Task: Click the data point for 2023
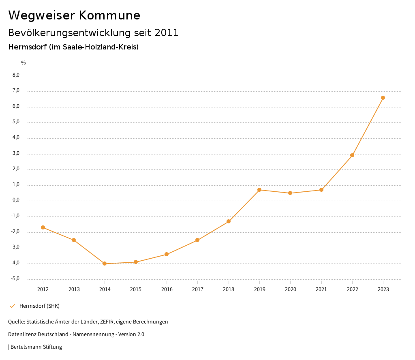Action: pyautogui.click(x=383, y=98)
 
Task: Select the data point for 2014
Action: pyautogui.click(x=105, y=264)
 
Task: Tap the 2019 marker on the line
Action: pyautogui.click(x=259, y=190)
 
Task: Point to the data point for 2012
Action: pyautogui.click(x=43, y=227)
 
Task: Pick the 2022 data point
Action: pyautogui.click(x=352, y=155)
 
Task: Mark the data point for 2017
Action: pyautogui.click(x=197, y=240)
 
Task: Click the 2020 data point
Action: pyautogui.click(x=290, y=193)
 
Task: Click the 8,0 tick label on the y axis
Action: pyautogui.click(x=16, y=75)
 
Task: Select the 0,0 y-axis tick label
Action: pyautogui.click(x=16, y=200)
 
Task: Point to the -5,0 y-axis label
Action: pyautogui.click(x=15, y=279)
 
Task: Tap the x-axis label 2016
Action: pyautogui.click(x=167, y=289)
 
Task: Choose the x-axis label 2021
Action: pyautogui.click(x=321, y=289)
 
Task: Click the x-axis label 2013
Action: pyautogui.click(x=74, y=289)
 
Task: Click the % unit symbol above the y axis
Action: pyautogui.click(x=24, y=63)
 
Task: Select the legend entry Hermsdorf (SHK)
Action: pyautogui.click(x=39, y=306)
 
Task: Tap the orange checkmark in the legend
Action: pyautogui.click(x=12, y=306)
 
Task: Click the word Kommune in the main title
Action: pyautogui.click(x=109, y=15)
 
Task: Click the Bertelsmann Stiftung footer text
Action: pyautogui.click(x=36, y=347)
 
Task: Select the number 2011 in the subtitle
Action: pyautogui.click(x=167, y=33)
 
